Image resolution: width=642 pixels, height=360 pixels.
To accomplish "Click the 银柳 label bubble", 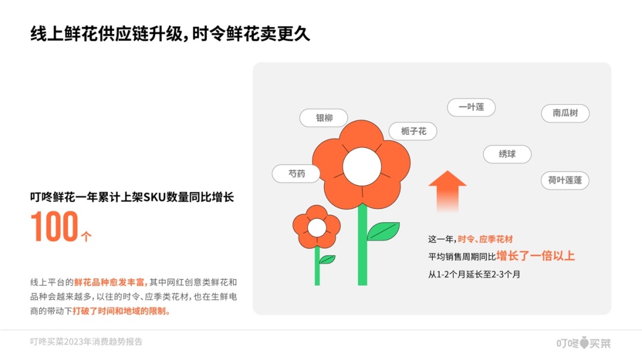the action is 324,118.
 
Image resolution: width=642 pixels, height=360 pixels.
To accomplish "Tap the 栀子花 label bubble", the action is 413,131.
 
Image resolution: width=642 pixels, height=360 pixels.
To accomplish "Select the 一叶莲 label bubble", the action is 471,107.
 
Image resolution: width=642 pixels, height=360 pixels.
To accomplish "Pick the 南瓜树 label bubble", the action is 565,113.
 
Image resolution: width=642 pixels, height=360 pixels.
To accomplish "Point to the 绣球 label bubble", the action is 507,154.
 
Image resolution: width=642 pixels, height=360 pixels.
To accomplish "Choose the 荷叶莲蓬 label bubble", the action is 565,181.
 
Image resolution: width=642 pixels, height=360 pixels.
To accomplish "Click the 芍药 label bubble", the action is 296,174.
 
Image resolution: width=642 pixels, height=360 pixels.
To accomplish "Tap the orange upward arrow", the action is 448,191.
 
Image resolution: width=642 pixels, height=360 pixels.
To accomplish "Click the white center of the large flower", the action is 362,167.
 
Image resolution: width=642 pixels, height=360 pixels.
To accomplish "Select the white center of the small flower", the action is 317,228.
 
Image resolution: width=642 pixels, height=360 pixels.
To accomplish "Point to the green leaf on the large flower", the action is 383,231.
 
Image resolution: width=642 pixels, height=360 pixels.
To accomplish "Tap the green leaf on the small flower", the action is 328,260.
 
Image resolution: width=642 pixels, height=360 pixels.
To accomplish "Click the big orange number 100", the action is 55,226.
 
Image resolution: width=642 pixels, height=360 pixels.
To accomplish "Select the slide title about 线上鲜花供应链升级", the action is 170,34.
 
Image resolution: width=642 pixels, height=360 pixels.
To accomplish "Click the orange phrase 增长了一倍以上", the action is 536,256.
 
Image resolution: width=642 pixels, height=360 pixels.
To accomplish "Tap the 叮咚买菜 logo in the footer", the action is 584,343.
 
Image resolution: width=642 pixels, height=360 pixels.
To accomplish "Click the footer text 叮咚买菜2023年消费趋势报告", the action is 86,342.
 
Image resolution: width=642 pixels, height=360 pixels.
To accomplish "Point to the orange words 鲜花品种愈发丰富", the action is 111,282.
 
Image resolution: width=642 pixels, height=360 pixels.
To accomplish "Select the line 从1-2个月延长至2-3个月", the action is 474,274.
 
